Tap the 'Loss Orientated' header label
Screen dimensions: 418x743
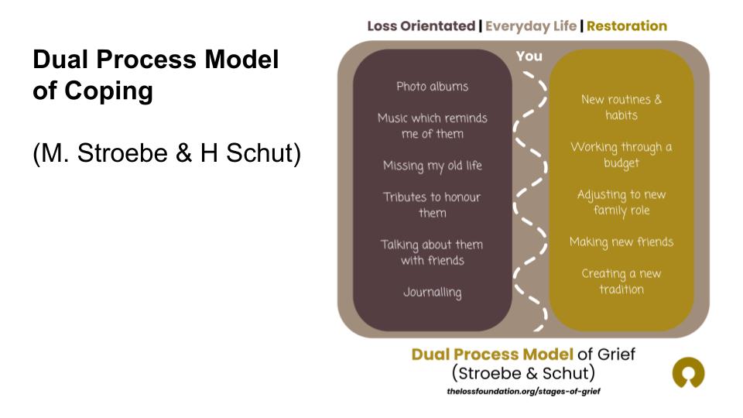coord(421,26)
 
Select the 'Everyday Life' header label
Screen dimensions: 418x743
coord(530,26)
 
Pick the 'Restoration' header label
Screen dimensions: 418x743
coord(626,26)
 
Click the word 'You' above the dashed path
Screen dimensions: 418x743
coord(529,57)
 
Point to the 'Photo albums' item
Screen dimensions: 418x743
coord(432,86)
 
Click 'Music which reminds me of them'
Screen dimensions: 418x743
coord(432,125)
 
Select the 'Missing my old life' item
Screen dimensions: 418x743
coord(432,165)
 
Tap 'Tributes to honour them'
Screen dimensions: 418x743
coord(432,204)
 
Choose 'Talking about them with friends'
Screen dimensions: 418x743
coord(432,252)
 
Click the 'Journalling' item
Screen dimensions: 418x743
coord(432,292)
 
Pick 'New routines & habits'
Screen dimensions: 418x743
coord(621,107)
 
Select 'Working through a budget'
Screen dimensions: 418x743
coord(621,155)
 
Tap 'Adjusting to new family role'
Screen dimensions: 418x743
coord(621,202)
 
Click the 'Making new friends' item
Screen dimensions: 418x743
coord(621,242)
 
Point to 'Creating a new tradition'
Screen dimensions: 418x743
coord(621,281)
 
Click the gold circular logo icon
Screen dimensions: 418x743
coord(688,373)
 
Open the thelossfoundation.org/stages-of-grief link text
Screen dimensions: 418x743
coord(523,391)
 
